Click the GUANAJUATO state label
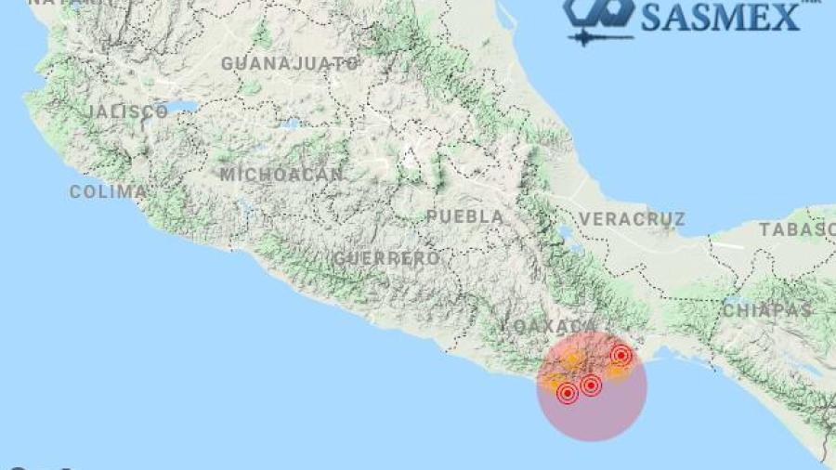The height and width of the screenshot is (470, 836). [290, 63]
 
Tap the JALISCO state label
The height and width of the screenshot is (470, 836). [127, 111]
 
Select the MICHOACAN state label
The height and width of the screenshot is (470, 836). [281, 174]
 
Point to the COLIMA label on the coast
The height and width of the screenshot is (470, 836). [108, 191]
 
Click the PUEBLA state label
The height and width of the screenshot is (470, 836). [464, 216]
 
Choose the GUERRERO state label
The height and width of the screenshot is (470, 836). [386, 257]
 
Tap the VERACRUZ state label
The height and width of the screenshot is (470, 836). [632, 219]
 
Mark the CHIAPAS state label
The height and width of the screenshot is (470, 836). [767, 309]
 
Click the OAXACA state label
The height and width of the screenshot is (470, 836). [552, 326]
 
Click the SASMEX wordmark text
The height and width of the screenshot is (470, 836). [721, 16]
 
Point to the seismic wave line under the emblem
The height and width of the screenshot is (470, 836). [598, 38]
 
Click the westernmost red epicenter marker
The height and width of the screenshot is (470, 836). [568, 394]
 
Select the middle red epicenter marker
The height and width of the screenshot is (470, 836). [591, 385]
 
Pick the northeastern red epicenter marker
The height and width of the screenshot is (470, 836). [621, 355]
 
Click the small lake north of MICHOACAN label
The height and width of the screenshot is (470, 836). [290, 124]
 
